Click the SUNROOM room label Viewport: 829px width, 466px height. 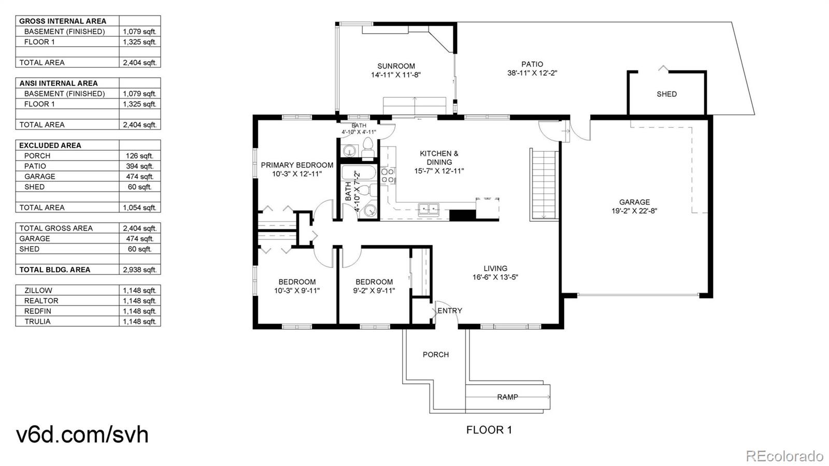click(x=396, y=66)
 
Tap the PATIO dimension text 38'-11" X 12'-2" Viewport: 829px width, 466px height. click(x=532, y=73)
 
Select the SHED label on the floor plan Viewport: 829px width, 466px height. click(x=666, y=94)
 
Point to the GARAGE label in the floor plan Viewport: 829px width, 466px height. click(x=634, y=202)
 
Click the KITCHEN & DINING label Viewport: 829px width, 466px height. click(x=439, y=158)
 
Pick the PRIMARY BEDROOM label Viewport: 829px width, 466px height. click(x=297, y=165)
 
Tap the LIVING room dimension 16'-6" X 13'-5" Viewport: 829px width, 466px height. click(x=495, y=277)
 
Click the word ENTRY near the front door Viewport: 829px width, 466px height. click(x=450, y=310)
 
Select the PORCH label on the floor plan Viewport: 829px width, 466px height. click(x=436, y=355)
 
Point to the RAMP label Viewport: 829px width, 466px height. click(x=507, y=397)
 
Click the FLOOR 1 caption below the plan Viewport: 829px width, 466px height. click(x=489, y=430)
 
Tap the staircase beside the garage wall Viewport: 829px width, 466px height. click(x=544, y=185)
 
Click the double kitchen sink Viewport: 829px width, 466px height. click(x=428, y=209)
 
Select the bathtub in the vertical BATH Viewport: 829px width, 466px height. click(x=359, y=173)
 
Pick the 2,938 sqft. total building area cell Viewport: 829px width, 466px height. click(x=139, y=270)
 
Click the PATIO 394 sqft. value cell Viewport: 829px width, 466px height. click(x=139, y=166)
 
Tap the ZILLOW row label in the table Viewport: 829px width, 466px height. click(x=38, y=291)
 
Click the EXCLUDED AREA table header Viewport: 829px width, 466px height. click(x=50, y=146)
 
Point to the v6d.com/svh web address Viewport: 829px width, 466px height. click(x=82, y=434)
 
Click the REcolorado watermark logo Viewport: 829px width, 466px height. click(x=784, y=455)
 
